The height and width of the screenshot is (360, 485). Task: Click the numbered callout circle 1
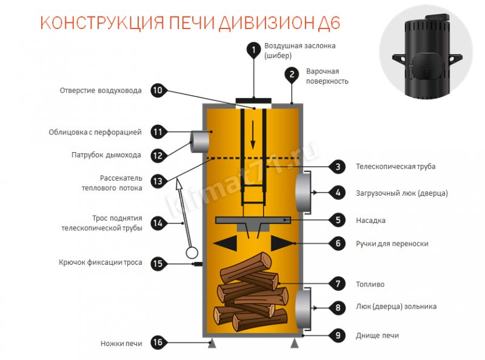(x=253, y=50)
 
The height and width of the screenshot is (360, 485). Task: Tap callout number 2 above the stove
(x=292, y=75)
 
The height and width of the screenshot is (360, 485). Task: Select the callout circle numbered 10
(x=157, y=91)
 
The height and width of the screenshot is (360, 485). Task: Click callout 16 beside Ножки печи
(x=157, y=343)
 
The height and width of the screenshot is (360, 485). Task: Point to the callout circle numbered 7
(x=337, y=284)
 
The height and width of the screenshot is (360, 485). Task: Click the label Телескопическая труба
(x=395, y=166)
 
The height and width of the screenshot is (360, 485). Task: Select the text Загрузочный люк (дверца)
(x=401, y=193)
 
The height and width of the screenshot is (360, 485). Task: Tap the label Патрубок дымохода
(x=106, y=155)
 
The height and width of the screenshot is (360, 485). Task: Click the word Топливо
(x=370, y=284)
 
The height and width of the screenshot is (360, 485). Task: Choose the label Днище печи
(x=377, y=335)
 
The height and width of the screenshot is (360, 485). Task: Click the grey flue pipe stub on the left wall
(x=199, y=142)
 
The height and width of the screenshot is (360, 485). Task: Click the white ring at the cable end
(x=192, y=252)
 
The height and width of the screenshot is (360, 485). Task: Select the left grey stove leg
(x=211, y=344)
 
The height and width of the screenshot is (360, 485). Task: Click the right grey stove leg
(x=295, y=344)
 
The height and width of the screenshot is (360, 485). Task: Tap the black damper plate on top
(x=253, y=99)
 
